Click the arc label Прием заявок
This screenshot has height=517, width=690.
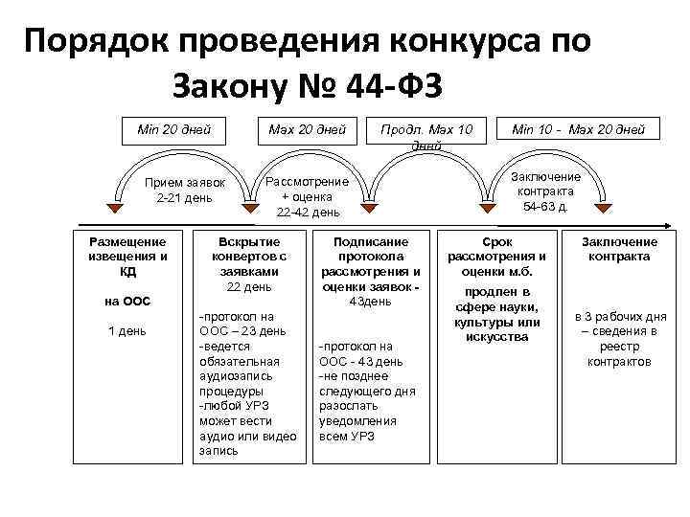[x=184, y=182]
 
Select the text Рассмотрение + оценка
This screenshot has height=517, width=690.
[x=307, y=189]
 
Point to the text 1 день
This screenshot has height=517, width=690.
[x=126, y=331]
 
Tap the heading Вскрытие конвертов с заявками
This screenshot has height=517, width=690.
[x=249, y=257]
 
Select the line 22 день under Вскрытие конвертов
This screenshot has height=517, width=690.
[x=249, y=286]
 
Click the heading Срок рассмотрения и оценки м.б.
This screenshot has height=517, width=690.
[x=496, y=257]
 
